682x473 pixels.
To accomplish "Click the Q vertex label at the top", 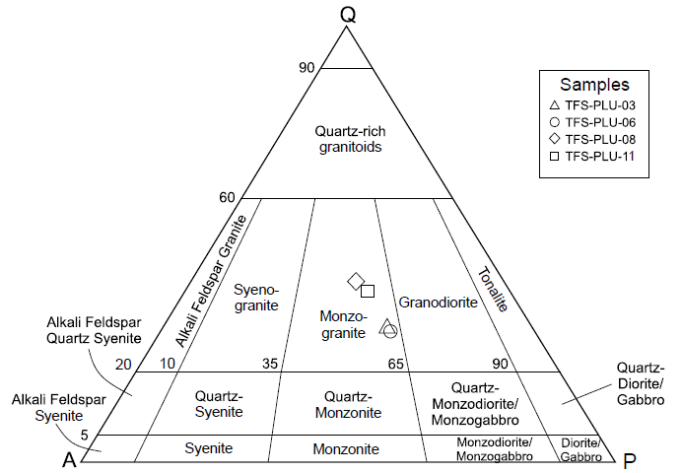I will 347,13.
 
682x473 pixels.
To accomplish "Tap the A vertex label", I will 70,459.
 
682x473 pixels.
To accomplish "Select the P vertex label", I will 631,460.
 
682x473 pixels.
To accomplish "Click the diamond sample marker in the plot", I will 357,282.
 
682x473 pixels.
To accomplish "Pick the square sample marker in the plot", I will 368,291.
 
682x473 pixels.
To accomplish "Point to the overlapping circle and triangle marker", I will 387,327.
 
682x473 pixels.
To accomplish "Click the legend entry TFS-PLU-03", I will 600,105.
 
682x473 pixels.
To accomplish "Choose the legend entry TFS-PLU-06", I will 600,122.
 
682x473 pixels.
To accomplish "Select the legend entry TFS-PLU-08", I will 600,139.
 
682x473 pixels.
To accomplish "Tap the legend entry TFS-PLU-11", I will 600,156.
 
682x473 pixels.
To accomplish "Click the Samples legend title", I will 594,85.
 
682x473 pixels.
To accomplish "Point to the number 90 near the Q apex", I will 306,67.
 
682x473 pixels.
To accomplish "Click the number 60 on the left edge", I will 227,198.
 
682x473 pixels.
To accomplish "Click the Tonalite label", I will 492,289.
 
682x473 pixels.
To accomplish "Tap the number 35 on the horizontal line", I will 269,364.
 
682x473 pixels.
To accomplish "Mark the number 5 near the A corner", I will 85,436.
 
